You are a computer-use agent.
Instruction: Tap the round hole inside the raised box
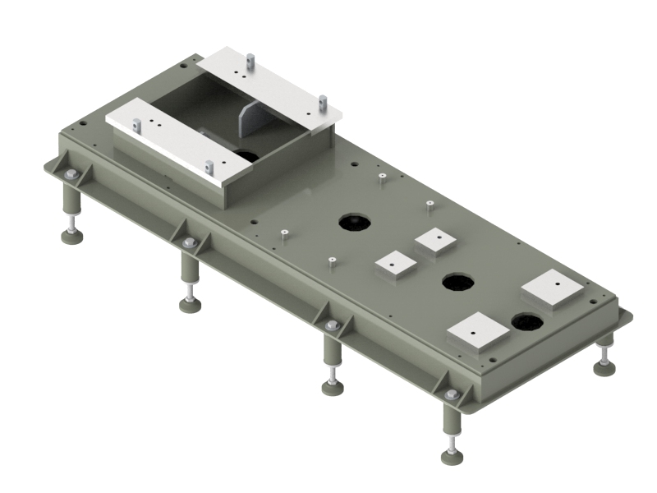tap(247, 154)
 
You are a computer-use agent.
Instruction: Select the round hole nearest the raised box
tap(355, 221)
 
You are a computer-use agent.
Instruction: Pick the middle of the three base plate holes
tap(457, 283)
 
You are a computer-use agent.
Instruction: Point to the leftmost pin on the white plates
tap(136, 125)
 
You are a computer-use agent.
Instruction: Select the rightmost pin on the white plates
tap(324, 102)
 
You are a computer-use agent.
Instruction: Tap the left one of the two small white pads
tap(393, 265)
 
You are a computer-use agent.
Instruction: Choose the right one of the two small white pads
tap(436, 241)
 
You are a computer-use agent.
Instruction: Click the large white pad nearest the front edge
tap(479, 333)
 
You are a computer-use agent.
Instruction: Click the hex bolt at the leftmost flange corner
tap(71, 173)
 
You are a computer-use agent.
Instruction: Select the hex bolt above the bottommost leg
tap(451, 394)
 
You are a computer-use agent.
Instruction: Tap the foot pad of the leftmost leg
tap(72, 237)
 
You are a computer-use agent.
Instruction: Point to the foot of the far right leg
tap(604, 367)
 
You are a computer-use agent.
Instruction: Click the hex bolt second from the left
tap(189, 242)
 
